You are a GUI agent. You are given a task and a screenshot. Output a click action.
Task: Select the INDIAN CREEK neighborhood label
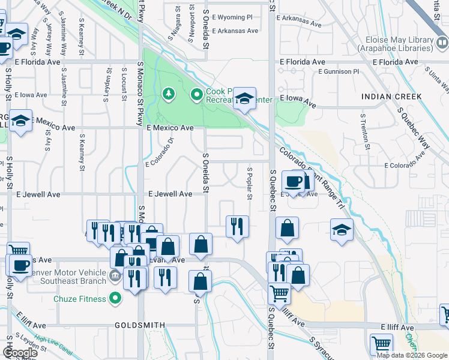(391, 96)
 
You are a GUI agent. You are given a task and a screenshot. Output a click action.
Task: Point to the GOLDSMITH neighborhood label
(140, 325)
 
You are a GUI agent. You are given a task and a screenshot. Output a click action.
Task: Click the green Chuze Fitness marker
(114, 298)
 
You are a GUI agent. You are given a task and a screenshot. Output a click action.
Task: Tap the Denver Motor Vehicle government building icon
(115, 277)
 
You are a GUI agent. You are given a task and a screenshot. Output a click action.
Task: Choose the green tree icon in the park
(169, 94)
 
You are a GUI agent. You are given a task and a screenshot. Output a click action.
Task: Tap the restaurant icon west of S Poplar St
(237, 226)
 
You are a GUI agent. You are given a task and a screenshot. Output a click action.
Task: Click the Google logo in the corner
(20, 352)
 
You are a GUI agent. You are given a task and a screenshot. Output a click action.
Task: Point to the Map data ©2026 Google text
(412, 355)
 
